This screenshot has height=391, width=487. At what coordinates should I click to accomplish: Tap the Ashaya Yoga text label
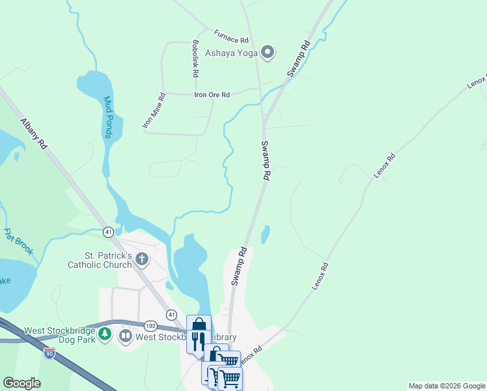point(232,53)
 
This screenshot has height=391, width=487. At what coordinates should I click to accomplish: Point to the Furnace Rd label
point(231,35)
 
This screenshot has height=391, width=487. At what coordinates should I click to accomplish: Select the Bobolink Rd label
point(195,59)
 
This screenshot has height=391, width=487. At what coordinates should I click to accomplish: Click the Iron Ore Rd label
point(212,94)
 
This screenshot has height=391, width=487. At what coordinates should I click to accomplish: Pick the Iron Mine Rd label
point(154,110)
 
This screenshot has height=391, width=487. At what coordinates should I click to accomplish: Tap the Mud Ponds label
point(109,118)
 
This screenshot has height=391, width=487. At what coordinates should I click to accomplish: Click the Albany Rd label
point(35,135)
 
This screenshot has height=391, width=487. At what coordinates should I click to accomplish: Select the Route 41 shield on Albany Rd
point(109,231)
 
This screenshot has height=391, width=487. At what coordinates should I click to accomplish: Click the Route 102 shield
point(150,325)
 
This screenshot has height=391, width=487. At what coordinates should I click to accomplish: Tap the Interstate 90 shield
point(50,353)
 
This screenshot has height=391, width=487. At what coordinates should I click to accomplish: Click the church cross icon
point(142,260)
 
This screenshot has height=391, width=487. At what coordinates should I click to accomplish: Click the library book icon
point(126,336)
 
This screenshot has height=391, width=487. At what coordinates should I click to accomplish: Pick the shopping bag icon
point(199,324)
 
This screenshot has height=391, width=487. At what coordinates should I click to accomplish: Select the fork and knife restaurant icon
point(199,340)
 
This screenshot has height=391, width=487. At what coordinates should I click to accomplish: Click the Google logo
point(22,383)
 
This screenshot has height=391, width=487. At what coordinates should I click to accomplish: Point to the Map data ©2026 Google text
point(447,386)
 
